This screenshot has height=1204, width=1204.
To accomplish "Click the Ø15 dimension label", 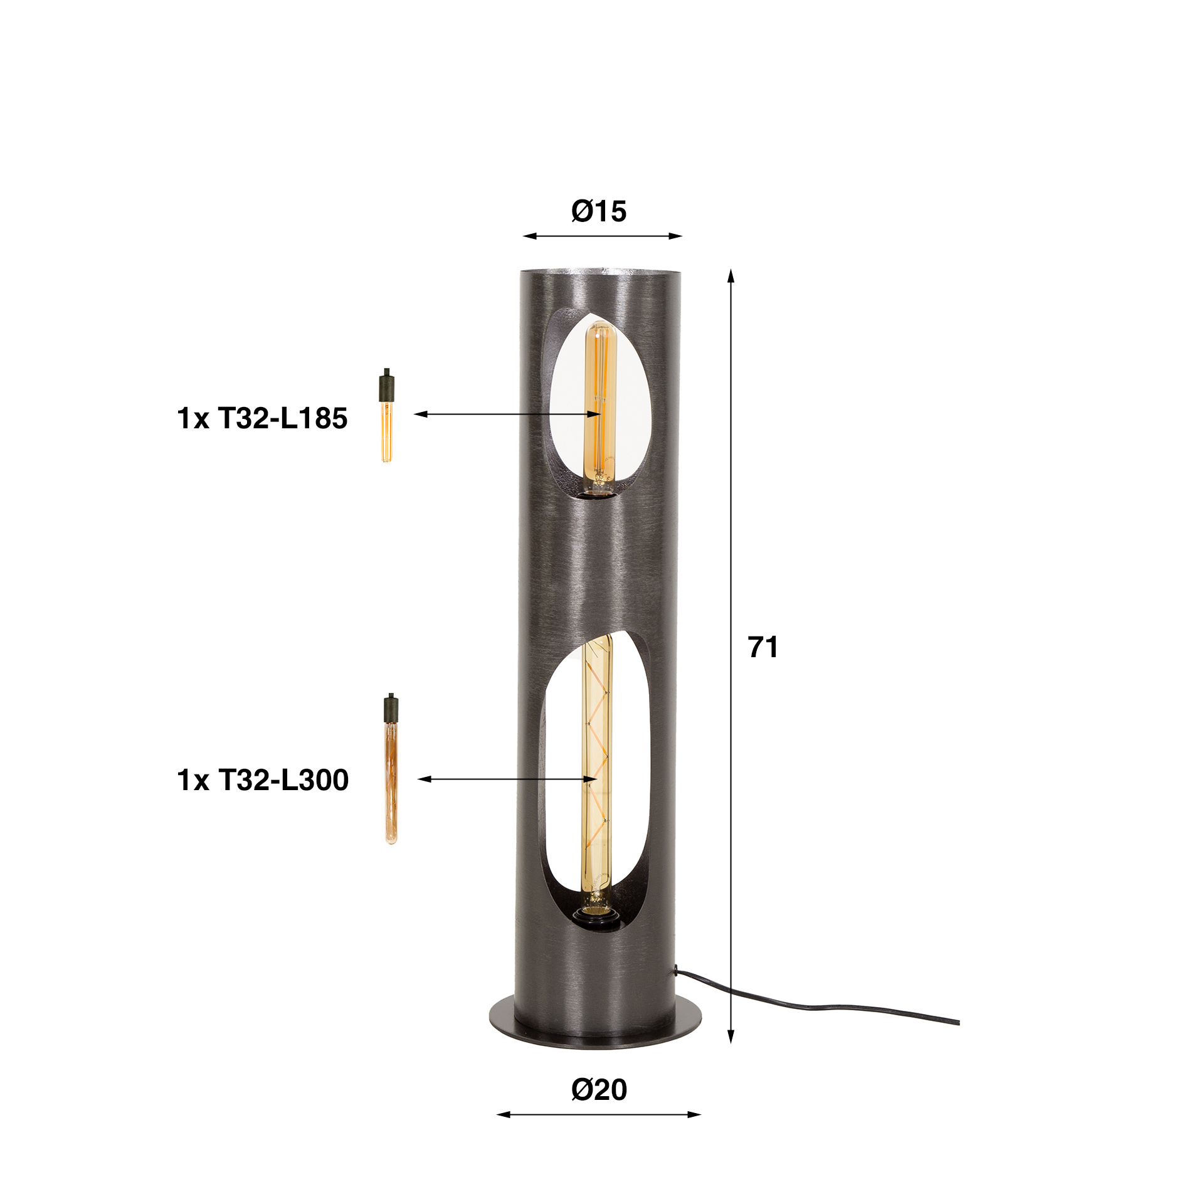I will click(598, 211).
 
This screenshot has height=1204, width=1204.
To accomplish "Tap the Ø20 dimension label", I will click(599, 1089).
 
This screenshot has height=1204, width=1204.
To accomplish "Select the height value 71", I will click(763, 647).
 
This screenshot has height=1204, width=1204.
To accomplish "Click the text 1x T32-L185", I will click(262, 418).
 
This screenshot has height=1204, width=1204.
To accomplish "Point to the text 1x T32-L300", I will click(263, 779).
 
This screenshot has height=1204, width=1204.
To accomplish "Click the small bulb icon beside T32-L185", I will click(386, 415).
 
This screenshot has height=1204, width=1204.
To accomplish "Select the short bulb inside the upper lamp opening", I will click(599, 408).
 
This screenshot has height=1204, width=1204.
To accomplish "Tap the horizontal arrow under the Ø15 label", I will click(602, 236).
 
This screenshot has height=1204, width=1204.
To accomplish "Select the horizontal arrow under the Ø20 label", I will click(599, 1114).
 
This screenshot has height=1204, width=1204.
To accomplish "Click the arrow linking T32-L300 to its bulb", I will click(507, 779).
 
